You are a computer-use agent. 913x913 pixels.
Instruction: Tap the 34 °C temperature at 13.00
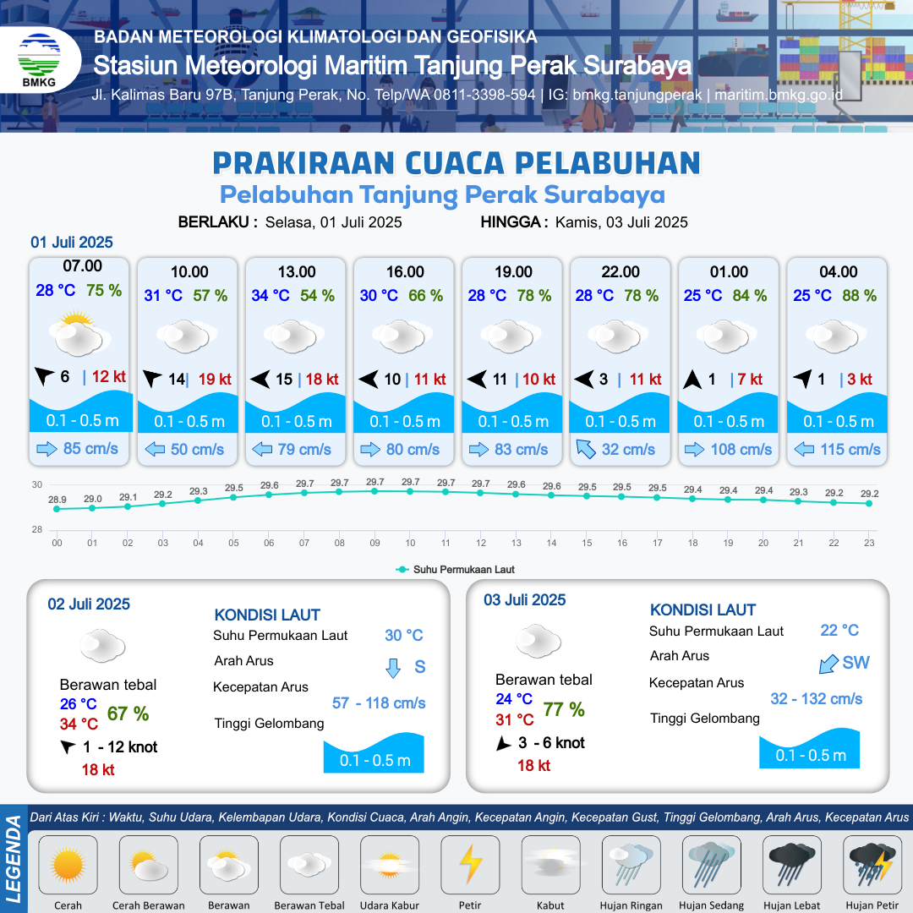tap(271, 296)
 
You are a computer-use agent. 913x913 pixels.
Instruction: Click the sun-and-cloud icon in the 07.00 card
tap(79, 334)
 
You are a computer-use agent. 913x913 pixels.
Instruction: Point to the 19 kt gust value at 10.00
tap(215, 380)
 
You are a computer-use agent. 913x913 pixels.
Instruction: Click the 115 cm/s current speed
tap(850, 450)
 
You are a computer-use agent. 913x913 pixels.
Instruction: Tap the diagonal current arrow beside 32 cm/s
tap(586, 449)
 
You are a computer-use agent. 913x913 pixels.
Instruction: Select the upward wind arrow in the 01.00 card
tap(692, 380)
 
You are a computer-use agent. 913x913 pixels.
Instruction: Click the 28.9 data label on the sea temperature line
tap(57, 500)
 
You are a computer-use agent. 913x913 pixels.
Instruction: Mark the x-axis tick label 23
tap(869, 543)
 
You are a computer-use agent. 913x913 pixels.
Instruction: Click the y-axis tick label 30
tap(37, 484)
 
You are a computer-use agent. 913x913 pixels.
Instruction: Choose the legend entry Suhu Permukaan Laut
tap(456, 570)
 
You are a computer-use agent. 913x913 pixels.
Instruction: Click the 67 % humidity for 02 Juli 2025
tap(128, 713)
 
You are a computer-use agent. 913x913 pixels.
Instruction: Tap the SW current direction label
tap(856, 663)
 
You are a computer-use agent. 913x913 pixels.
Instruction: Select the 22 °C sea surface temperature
tap(839, 630)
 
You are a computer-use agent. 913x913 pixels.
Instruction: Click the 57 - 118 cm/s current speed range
tap(379, 703)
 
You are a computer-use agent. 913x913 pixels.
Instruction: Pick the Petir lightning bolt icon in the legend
tap(471, 864)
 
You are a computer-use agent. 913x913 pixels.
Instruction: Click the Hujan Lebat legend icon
tap(792, 864)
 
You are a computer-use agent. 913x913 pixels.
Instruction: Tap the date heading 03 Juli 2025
tap(525, 600)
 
